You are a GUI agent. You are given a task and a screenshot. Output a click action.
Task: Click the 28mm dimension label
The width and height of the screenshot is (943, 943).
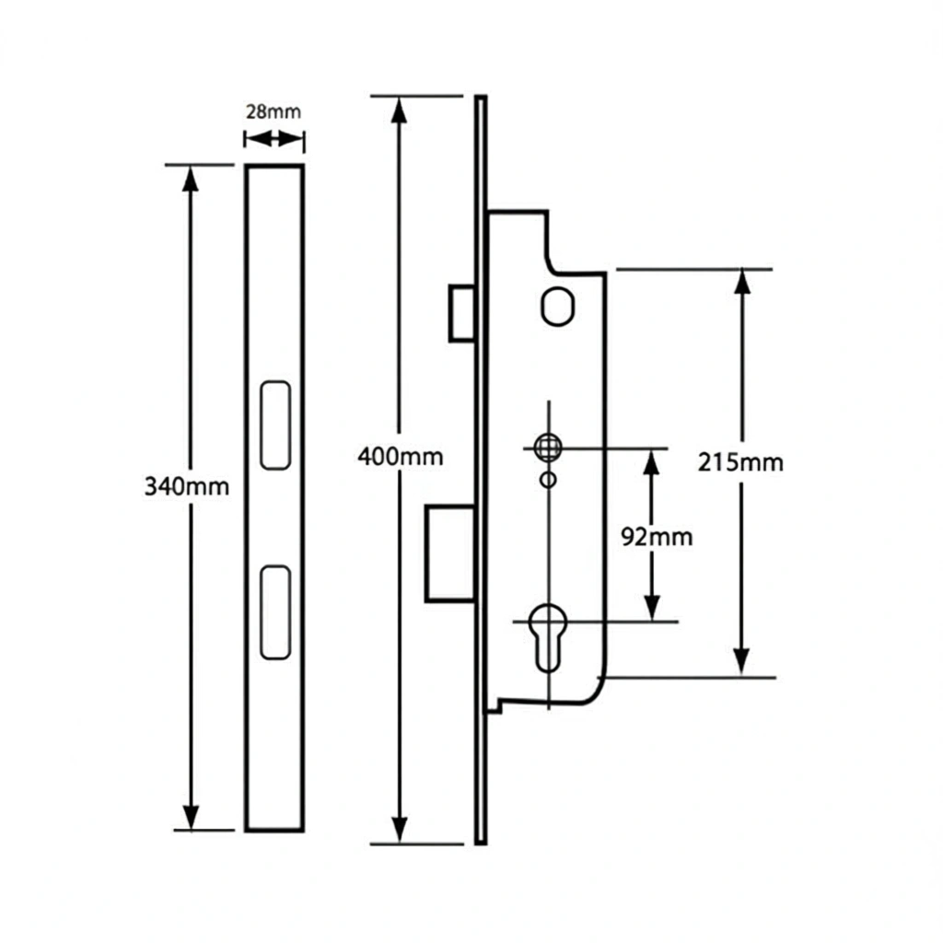click(x=273, y=111)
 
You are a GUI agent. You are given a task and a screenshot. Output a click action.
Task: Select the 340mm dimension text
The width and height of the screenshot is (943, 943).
click(x=187, y=486)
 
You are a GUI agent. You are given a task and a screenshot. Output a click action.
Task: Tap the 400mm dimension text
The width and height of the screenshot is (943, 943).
click(x=401, y=457)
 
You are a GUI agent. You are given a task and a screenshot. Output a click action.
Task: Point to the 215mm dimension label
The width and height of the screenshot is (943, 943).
click(x=740, y=462)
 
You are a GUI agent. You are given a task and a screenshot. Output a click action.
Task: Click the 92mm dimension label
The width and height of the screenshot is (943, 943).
click(x=657, y=537)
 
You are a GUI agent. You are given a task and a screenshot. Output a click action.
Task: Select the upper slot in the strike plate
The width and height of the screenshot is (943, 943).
click(x=275, y=425)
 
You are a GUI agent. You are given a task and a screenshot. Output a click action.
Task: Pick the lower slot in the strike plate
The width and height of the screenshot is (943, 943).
click(x=275, y=612)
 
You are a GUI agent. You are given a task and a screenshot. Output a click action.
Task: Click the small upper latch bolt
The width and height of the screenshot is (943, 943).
click(x=462, y=314)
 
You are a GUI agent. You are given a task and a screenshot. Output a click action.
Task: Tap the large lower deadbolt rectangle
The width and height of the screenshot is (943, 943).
click(x=450, y=553)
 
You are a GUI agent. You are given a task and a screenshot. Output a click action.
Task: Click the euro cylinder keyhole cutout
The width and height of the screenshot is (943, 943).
click(x=548, y=637)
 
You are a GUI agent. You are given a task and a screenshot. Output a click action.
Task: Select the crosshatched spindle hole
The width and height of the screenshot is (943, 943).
click(x=548, y=448)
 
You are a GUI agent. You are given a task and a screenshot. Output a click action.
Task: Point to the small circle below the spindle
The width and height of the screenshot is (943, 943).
click(x=548, y=480)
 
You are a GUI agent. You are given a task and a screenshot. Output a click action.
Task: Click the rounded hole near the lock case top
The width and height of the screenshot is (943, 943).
click(x=557, y=307)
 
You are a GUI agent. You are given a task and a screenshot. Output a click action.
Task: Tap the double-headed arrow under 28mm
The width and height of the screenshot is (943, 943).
click(x=274, y=140)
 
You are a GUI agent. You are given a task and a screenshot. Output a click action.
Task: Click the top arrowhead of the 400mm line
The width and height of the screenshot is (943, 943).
click(x=400, y=110)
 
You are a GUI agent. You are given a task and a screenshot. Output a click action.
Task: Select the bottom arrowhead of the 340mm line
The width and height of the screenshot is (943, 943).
click(x=191, y=817)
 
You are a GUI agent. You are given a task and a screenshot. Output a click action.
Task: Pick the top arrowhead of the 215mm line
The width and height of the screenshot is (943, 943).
click(x=743, y=282)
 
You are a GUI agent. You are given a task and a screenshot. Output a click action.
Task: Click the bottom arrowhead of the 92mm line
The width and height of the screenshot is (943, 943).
click(x=652, y=608)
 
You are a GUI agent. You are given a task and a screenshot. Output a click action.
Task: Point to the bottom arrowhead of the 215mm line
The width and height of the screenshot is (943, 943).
click(x=742, y=664)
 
